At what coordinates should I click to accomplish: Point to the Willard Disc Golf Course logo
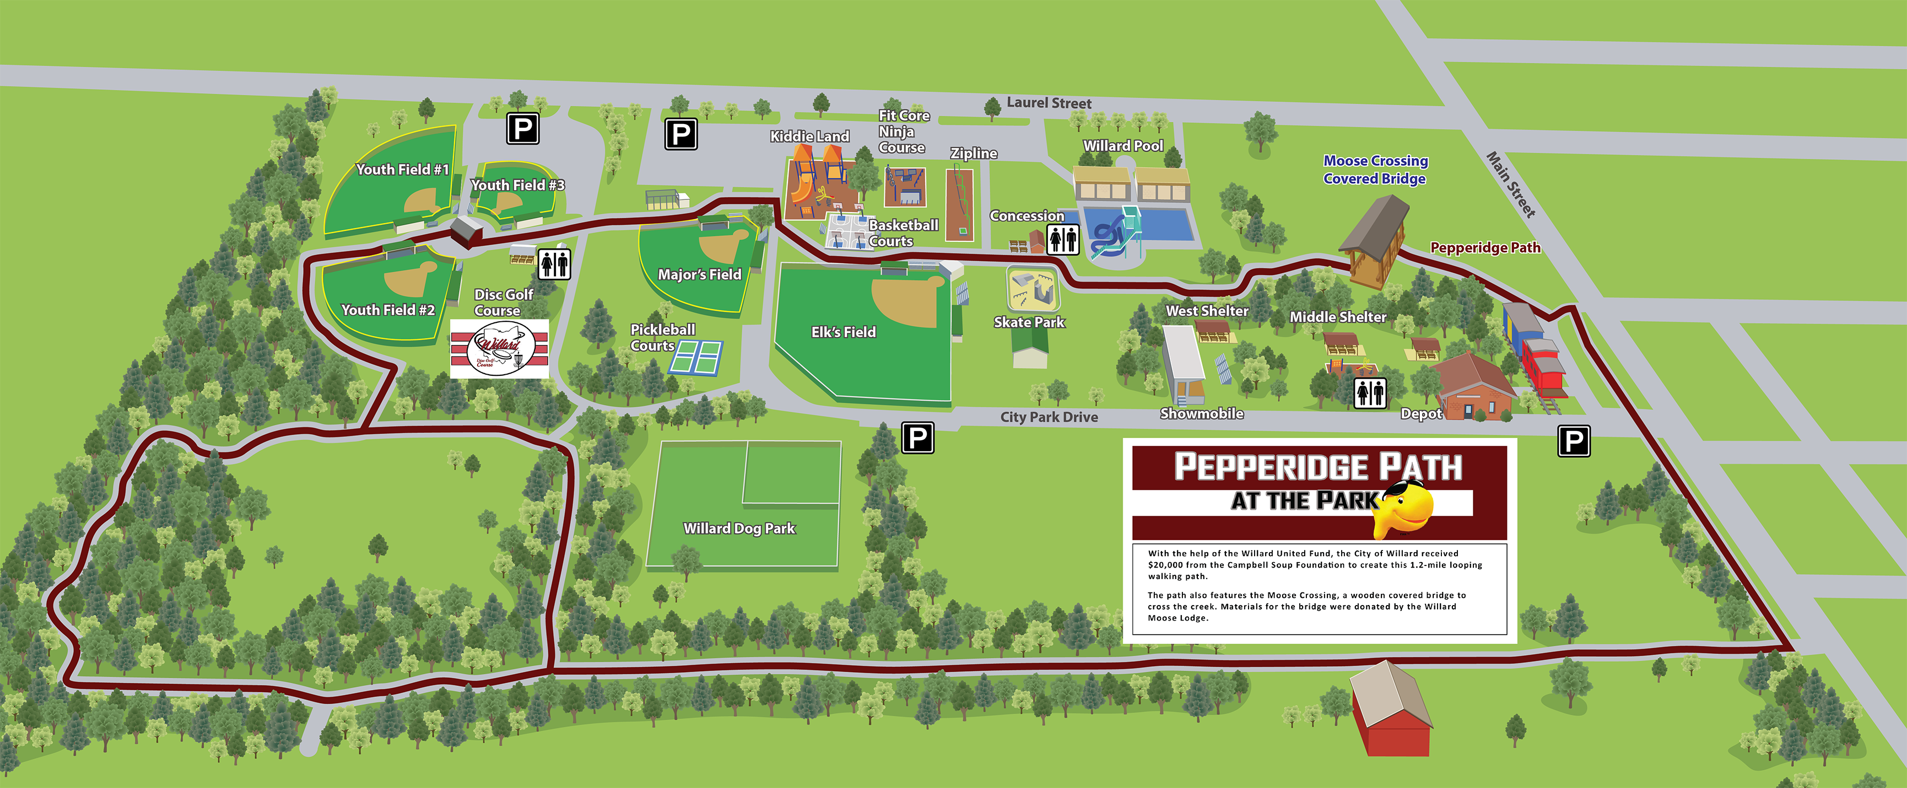(499, 349)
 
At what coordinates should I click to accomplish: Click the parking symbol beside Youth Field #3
(523, 129)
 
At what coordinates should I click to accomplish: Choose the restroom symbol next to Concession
(1062, 240)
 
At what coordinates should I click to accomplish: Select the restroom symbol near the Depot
(1370, 392)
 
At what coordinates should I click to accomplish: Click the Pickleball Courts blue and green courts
(696, 358)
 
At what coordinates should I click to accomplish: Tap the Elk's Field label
(843, 332)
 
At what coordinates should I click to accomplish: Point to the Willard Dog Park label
(739, 528)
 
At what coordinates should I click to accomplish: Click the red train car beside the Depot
(1543, 363)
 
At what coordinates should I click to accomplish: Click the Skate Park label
(1029, 322)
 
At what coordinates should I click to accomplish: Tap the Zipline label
(974, 153)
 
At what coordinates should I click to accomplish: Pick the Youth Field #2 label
(387, 310)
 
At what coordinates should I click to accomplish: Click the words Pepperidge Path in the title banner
(1318, 467)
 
